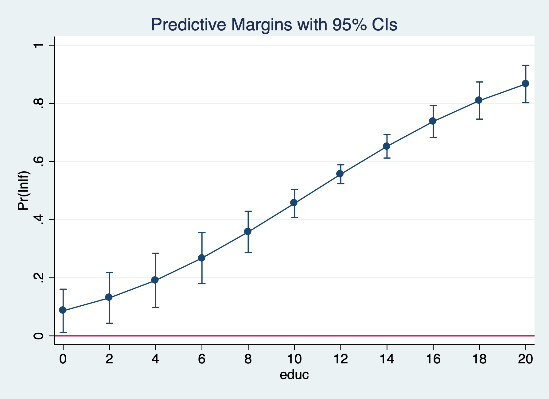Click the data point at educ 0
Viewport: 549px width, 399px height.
coord(63,310)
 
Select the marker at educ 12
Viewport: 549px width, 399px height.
coord(340,174)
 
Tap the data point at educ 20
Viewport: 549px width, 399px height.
coord(525,83)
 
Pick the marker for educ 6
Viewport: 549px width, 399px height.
coord(202,258)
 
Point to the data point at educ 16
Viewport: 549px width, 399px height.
coord(433,121)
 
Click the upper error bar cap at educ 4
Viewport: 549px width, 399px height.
coord(155,253)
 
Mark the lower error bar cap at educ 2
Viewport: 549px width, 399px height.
coord(109,323)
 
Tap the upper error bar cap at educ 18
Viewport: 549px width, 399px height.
coord(479,82)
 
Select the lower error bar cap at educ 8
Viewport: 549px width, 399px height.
coord(248,253)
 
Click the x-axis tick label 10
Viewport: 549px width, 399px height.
coord(294,359)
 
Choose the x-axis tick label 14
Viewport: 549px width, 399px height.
coord(387,359)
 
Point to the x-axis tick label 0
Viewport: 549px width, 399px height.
coord(63,359)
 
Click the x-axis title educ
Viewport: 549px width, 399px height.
coord(294,375)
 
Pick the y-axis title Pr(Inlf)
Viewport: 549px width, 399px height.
coord(24,190)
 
